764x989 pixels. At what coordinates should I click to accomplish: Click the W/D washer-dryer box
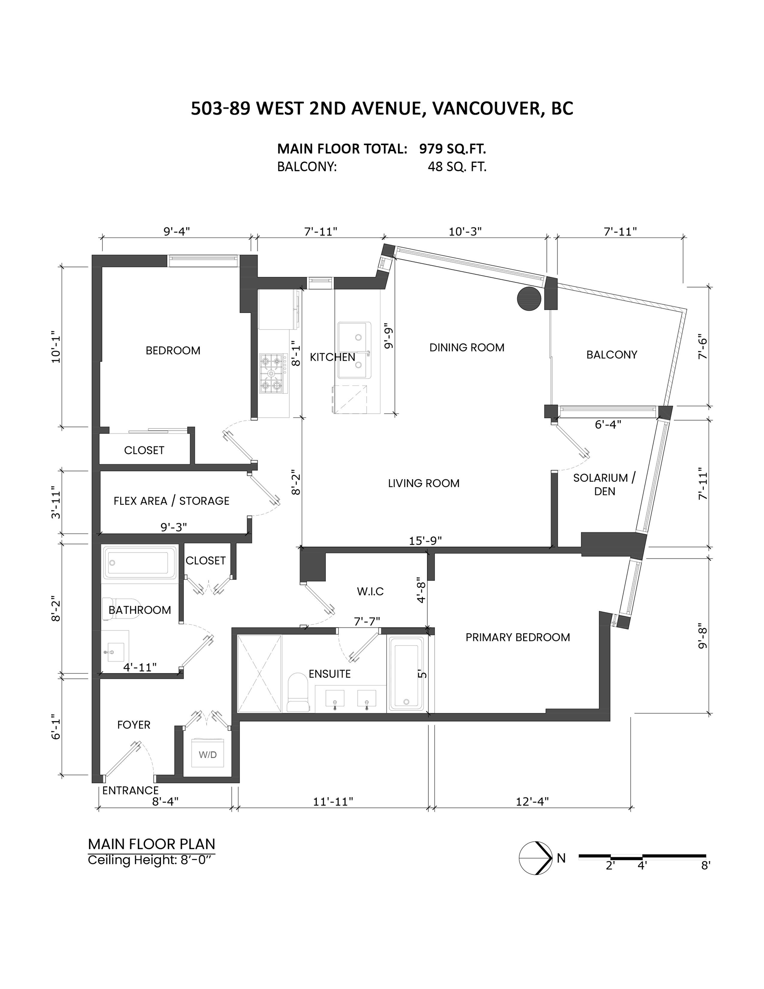(207, 752)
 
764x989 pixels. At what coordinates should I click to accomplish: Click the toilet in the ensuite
(297, 692)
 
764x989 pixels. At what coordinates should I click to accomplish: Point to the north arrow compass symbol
(536, 858)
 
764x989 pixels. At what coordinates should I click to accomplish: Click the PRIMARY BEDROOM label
(518, 637)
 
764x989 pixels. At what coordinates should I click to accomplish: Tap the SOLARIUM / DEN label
(605, 484)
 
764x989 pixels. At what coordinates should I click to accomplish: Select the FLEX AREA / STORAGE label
(171, 501)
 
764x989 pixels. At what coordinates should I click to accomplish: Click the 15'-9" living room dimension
(425, 540)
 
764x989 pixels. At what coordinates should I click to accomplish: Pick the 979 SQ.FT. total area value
(452, 149)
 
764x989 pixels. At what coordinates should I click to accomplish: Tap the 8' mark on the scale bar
(706, 865)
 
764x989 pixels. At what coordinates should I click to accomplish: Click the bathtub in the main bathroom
(139, 562)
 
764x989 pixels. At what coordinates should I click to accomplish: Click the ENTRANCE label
(130, 790)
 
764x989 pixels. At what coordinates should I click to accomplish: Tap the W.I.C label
(370, 591)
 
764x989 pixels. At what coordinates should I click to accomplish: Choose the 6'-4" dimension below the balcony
(608, 424)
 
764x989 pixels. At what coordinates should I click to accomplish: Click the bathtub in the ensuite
(407, 674)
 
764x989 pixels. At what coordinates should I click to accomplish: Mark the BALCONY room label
(612, 355)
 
